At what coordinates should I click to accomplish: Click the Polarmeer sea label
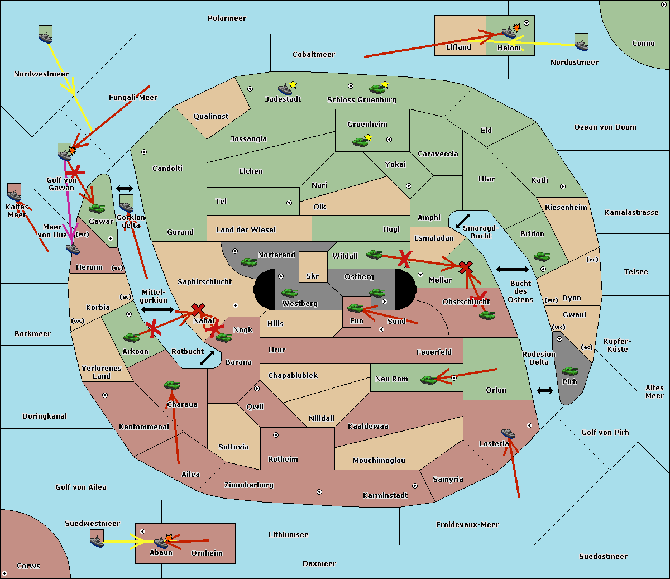(227, 18)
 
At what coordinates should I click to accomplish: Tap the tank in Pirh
(569, 371)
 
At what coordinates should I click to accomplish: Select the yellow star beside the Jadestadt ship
(293, 85)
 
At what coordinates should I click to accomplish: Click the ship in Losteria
(508, 433)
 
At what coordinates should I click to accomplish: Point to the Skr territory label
(312, 276)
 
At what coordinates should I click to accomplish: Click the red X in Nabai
(198, 309)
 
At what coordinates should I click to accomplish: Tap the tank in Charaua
(172, 385)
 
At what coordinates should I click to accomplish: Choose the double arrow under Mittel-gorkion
(157, 310)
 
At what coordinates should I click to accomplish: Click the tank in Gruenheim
(360, 142)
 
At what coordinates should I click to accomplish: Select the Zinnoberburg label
(249, 485)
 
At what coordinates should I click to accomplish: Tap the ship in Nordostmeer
(581, 45)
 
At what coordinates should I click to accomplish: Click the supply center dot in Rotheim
(275, 435)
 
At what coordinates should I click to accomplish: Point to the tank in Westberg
(289, 293)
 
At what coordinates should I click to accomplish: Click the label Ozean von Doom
(605, 127)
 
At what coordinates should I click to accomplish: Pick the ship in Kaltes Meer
(15, 195)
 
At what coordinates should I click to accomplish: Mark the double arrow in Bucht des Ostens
(513, 269)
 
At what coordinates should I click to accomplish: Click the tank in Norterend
(248, 262)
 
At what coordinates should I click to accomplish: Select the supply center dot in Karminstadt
(415, 486)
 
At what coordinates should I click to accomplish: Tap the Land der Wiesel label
(246, 230)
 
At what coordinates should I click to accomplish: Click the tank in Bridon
(542, 257)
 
